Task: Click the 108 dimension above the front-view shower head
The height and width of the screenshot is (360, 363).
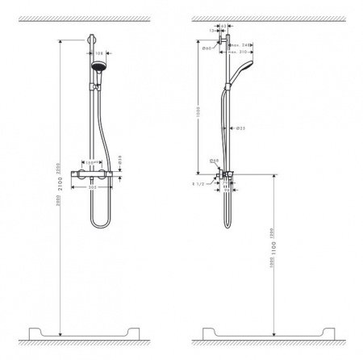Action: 99,54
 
